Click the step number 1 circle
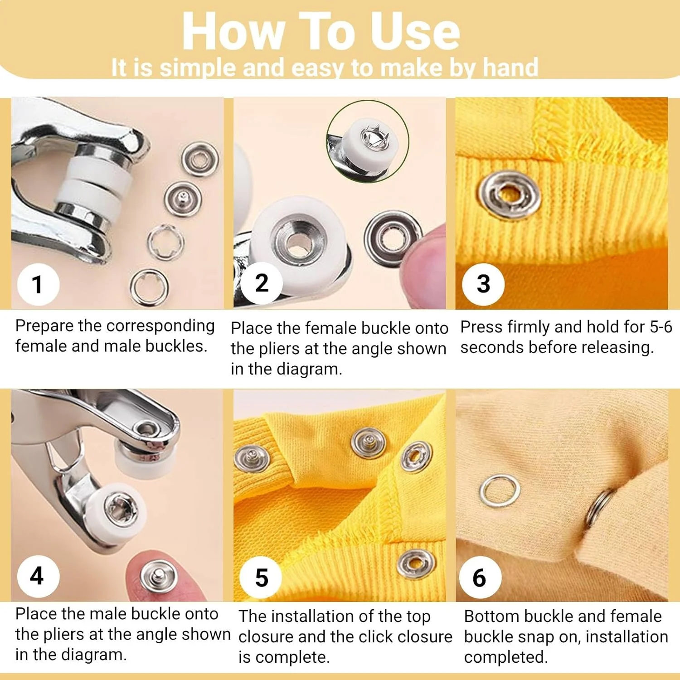pyautogui.click(x=38, y=284)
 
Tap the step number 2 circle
pyautogui.click(x=262, y=283)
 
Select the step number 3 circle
pyautogui.click(x=483, y=284)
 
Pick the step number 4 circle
pyautogui.click(x=38, y=576)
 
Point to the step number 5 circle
pyautogui.click(x=261, y=578)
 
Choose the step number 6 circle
pyautogui.click(x=480, y=578)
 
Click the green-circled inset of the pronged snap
pyautogui.click(x=368, y=141)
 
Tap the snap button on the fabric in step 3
pyautogui.click(x=510, y=195)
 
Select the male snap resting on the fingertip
pyautogui.click(x=158, y=576)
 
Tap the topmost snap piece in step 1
pyautogui.click(x=200, y=159)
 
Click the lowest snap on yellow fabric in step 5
pyautogui.click(x=416, y=563)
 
